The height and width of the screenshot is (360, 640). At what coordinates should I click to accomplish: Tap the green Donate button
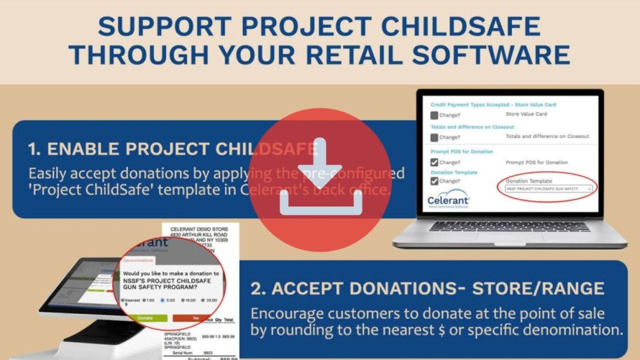(145, 318)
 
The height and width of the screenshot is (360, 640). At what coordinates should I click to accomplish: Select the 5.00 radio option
(163, 300)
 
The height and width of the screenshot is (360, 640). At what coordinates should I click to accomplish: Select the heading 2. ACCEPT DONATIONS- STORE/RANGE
(427, 288)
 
